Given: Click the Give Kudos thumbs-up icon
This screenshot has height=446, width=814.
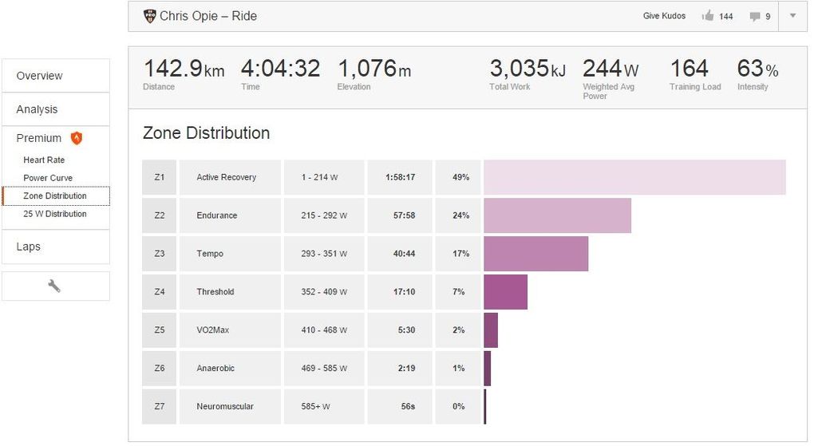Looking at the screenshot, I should pos(707,16).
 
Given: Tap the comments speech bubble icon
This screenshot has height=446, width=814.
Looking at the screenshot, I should pos(754,16).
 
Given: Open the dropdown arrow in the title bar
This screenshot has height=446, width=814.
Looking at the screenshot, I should pos(792,16).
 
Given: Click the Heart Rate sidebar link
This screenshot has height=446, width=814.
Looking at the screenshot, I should pos(44,160).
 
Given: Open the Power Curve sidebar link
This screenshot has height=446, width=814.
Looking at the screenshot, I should pos(48,178).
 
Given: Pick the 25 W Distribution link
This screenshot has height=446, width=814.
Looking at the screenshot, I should pos(54,214).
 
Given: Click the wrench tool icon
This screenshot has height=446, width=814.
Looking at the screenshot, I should pos(55,286).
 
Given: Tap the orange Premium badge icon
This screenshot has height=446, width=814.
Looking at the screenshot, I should pos(77,138).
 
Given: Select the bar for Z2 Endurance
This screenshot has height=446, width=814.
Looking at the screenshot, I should pos(557,215).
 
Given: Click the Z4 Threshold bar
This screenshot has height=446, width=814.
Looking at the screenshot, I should pos(505,292).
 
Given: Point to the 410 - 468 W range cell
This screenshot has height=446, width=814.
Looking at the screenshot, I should pos(324,330).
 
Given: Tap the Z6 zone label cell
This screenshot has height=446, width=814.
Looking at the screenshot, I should pos(159,369).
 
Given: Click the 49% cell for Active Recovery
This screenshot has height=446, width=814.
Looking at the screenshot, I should pos(460,177).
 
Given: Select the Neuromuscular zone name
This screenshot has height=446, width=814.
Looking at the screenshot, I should pos(225,407).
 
